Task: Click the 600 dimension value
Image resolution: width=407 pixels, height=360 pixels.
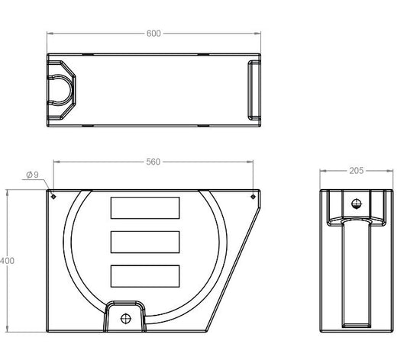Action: pos(153,34)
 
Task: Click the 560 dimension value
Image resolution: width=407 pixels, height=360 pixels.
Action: pos(153,162)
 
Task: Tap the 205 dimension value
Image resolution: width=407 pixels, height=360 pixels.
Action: pos(357,171)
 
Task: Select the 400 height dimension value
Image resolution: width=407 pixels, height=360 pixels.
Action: pos(7,261)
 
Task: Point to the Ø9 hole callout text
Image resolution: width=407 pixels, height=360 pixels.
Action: pos(32,175)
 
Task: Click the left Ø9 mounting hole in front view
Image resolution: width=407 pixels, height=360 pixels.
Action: pos(53,197)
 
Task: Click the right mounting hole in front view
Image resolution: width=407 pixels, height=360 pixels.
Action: pos(253,197)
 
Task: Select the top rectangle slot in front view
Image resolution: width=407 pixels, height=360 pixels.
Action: pos(145,208)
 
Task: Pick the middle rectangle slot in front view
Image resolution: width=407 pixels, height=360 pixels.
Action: pos(145,242)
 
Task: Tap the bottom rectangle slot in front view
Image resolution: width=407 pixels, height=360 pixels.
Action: pos(145,276)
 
